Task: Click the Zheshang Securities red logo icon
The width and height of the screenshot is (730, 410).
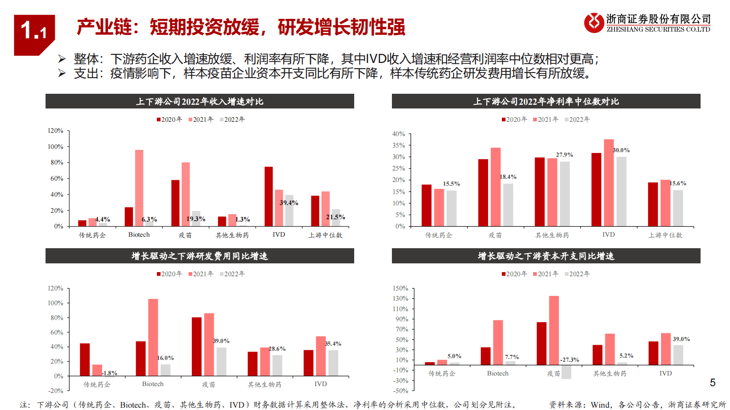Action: [594, 23]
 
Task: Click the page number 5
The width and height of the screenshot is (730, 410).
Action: [713, 382]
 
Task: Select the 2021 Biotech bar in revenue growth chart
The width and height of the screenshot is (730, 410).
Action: [139, 188]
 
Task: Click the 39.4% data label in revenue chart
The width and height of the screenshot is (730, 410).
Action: [289, 203]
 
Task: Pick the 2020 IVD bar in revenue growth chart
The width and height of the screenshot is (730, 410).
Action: [269, 196]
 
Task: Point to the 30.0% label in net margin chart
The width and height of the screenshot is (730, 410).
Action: [621, 150]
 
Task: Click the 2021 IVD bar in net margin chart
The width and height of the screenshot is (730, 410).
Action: [609, 182]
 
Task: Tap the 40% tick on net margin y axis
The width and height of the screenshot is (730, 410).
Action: [398, 134]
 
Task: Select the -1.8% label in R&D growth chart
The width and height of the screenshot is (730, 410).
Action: [109, 373]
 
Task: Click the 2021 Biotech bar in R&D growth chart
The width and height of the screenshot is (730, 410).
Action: [153, 337]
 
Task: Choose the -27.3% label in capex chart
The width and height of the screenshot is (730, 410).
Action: [569, 359]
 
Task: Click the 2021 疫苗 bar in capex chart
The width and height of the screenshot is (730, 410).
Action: [554, 330]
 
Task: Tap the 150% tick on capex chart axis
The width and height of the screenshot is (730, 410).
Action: [400, 288]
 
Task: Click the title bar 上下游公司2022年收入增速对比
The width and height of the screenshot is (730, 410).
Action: [200, 102]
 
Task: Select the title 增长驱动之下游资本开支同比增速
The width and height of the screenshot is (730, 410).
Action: [546, 256]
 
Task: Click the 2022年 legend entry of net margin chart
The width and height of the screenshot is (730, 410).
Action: [577, 120]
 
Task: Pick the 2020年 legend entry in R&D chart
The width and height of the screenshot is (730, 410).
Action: [169, 274]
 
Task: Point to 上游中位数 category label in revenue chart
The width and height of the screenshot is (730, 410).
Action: [325, 235]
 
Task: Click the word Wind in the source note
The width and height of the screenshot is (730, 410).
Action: [600, 404]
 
